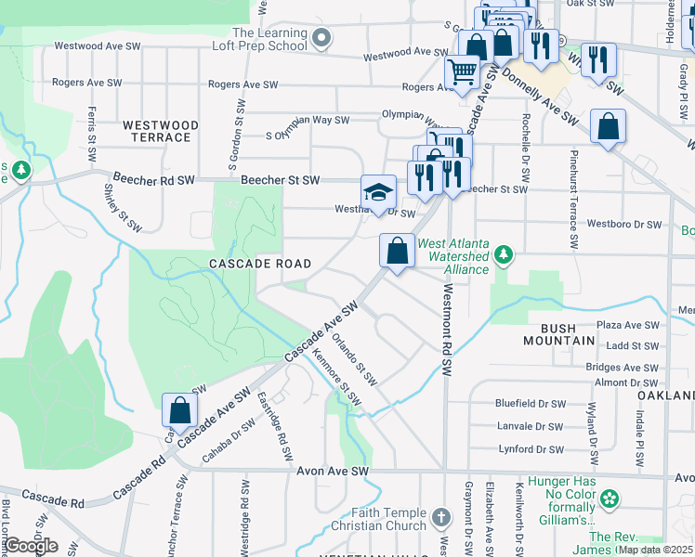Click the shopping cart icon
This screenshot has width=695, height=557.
pos(462,71)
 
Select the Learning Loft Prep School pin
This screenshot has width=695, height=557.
pos(321,38)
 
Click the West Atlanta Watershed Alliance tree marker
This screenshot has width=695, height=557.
pos(503,253)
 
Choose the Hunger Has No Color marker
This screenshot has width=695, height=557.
pos(610,499)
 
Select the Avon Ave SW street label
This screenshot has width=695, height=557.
pos(334,472)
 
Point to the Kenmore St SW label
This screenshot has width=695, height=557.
pos(336,380)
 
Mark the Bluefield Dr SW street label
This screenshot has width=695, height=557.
pos(530,404)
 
